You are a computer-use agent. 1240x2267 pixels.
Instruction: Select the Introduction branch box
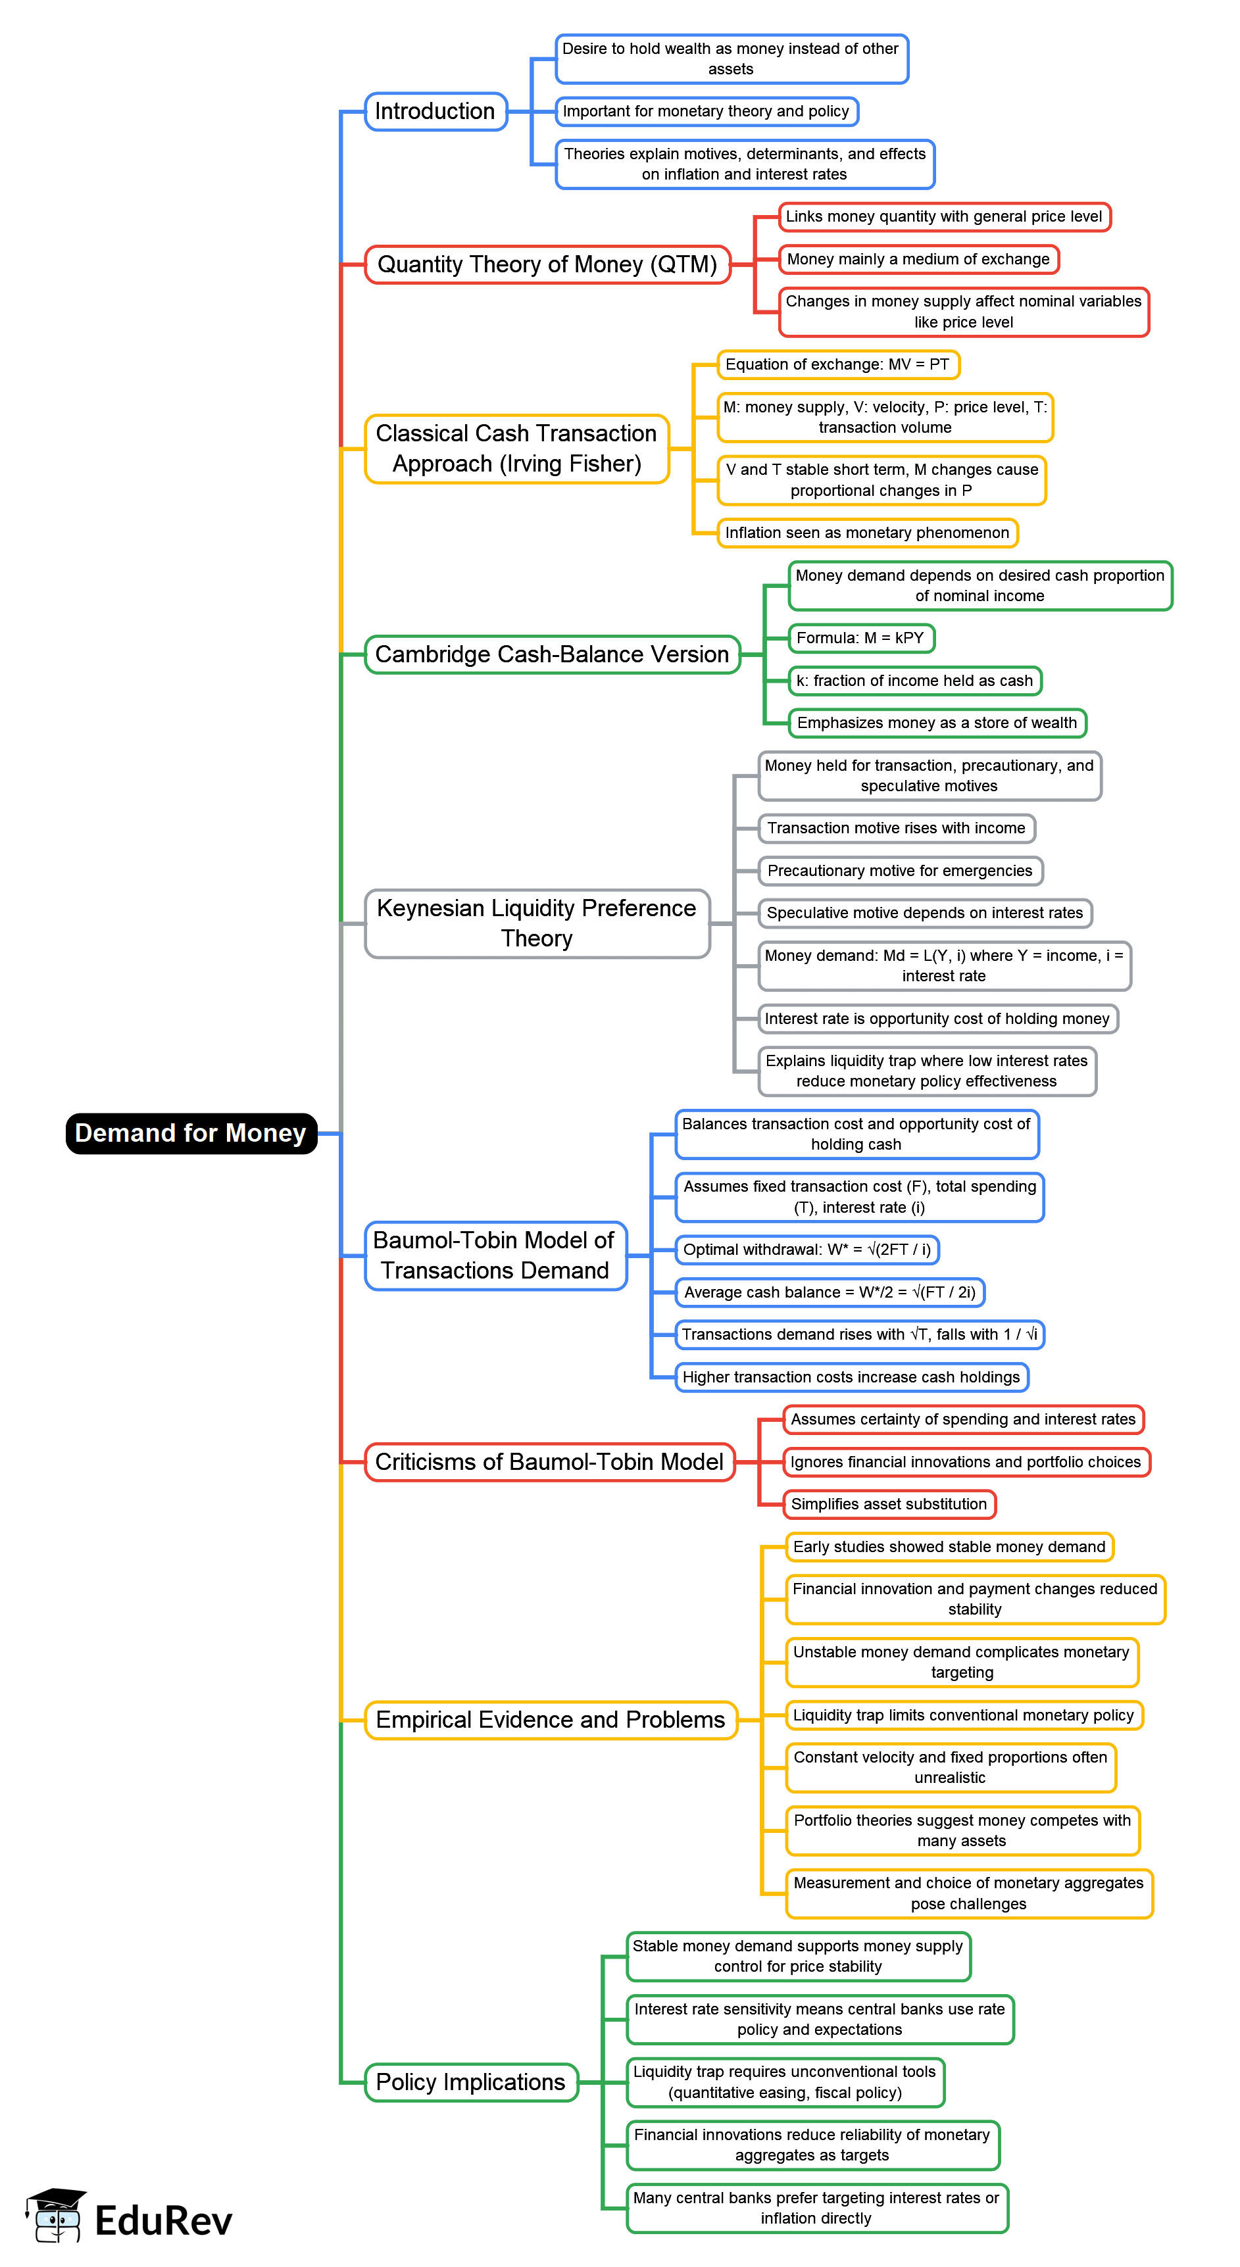[x=435, y=112]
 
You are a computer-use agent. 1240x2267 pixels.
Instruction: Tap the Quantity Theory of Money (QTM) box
[x=547, y=264]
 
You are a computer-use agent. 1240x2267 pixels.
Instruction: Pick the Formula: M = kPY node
[x=860, y=638]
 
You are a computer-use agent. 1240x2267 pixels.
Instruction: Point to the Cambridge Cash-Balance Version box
[x=552, y=655]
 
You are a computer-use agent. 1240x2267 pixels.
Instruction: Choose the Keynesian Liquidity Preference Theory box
[x=537, y=923]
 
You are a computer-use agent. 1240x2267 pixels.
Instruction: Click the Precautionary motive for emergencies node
[x=899, y=870]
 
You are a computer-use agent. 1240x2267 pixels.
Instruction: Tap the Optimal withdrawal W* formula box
[x=806, y=1250]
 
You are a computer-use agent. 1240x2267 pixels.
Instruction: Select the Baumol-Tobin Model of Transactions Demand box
[x=495, y=1255]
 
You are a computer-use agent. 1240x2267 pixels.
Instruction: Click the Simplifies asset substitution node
[x=889, y=1504]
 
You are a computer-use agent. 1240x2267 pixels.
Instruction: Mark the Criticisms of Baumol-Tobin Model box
[x=549, y=1462]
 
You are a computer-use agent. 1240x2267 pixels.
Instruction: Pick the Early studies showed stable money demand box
[x=949, y=1546]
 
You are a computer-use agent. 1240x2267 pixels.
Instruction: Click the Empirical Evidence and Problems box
[x=550, y=1720]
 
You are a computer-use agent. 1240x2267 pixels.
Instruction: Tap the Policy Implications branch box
[x=471, y=2082]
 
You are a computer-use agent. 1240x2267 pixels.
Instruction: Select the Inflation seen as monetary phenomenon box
[x=867, y=533]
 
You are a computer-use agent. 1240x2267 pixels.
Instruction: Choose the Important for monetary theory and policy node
[x=706, y=112]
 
